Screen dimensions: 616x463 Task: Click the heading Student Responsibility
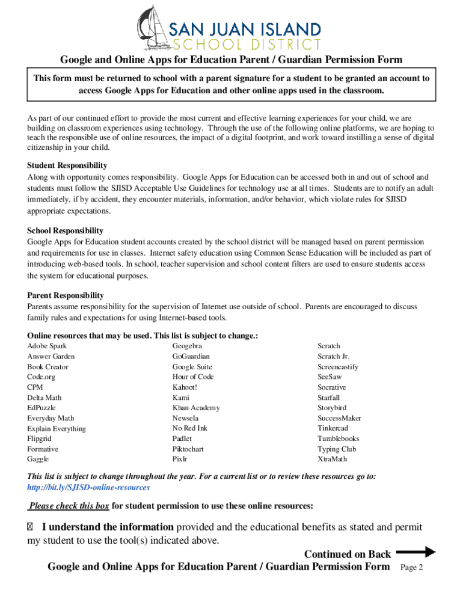(67, 165)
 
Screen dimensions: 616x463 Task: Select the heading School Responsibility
(65, 230)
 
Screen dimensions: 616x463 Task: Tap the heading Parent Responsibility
(66, 295)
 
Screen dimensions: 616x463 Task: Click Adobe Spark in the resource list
(47, 346)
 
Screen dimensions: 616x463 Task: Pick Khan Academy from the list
(196, 408)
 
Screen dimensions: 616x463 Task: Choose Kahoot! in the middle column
(185, 387)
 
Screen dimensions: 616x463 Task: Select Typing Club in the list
(337, 449)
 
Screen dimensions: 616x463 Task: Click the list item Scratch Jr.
(333, 356)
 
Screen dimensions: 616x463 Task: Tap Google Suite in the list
(192, 367)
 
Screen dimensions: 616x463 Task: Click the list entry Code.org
(41, 377)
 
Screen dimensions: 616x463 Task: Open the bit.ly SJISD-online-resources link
(88, 487)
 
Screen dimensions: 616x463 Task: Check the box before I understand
(31, 528)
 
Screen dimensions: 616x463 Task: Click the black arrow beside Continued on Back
(415, 552)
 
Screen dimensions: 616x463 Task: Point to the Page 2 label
(412, 567)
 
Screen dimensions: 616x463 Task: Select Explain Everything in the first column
(57, 428)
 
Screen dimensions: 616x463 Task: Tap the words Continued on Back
(348, 554)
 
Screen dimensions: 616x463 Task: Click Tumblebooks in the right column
(339, 439)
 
